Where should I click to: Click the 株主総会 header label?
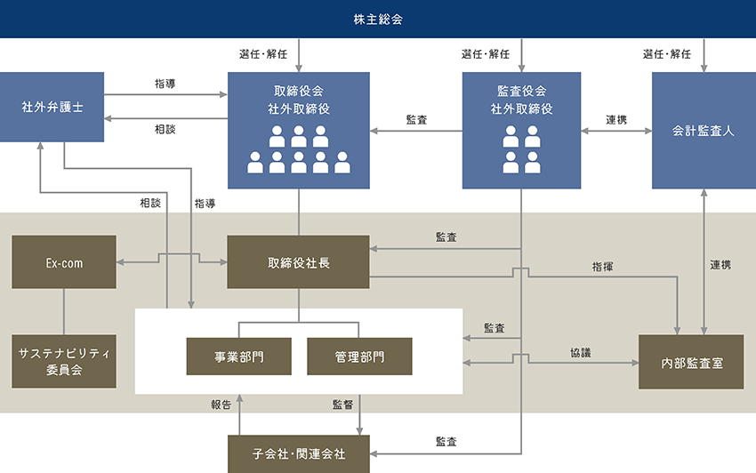click(x=378, y=19)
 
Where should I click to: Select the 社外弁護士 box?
click(x=52, y=107)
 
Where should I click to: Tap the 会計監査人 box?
click(x=704, y=131)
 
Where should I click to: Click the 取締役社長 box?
click(x=298, y=262)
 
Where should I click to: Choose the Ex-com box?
click(x=64, y=262)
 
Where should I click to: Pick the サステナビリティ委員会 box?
click(x=64, y=362)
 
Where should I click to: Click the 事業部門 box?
click(x=238, y=357)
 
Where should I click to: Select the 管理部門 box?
click(x=359, y=357)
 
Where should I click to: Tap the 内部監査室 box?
click(x=691, y=363)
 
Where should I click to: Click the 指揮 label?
click(x=601, y=266)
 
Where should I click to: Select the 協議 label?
click(x=580, y=353)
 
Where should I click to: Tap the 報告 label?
click(x=221, y=405)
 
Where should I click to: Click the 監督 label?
click(x=342, y=405)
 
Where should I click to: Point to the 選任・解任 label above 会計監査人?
click(x=666, y=54)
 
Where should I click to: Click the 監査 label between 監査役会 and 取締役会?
click(x=415, y=119)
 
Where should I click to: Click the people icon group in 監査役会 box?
click(x=521, y=149)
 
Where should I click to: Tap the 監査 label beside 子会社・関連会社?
click(x=446, y=441)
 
